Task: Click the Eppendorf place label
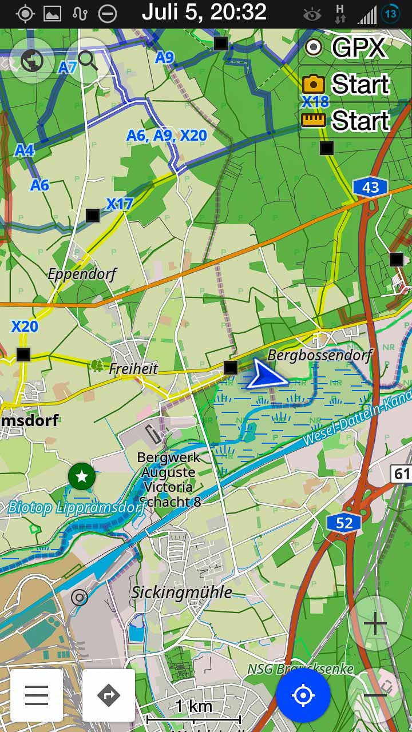tap(82, 274)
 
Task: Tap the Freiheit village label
tap(133, 368)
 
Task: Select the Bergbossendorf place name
tap(319, 355)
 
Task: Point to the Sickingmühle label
tap(181, 592)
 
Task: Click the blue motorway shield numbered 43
tap(370, 187)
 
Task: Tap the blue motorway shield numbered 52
tap(344, 523)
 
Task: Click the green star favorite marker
tap(82, 476)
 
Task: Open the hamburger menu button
tap(37, 695)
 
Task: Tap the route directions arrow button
tap(109, 695)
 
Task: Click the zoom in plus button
tap(375, 623)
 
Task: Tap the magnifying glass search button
tap(88, 59)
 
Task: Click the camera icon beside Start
tap(314, 85)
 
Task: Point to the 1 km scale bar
tap(193, 712)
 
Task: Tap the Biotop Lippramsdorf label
tap(76, 507)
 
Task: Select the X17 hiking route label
tap(119, 204)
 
